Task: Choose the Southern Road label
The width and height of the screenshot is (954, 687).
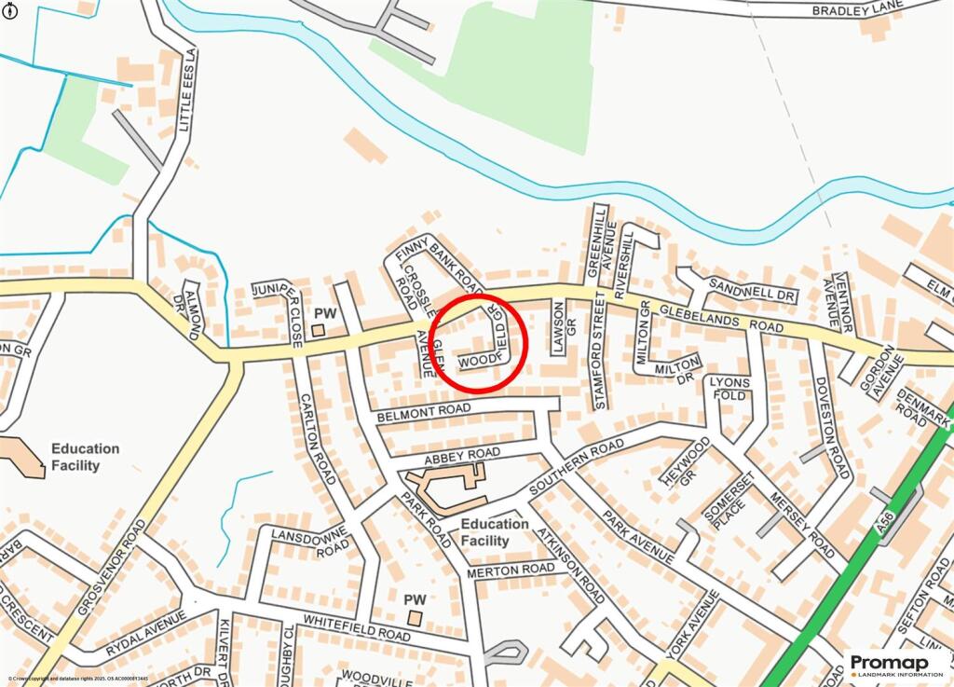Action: [x=576, y=469]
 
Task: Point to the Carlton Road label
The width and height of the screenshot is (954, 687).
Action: [x=317, y=438]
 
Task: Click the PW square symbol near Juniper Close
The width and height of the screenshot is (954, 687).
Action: [x=318, y=329]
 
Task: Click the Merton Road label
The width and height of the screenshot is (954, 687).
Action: [x=511, y=569]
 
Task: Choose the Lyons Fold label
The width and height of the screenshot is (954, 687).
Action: [x=729, y=389]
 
